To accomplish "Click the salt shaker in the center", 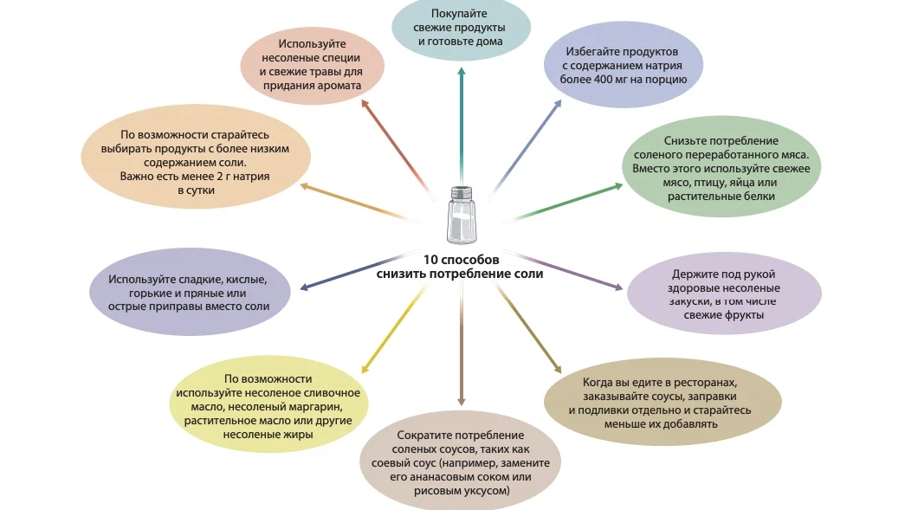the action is [461, 215].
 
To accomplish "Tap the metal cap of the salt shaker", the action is [461, 193].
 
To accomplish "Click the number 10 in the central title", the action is [430, 260].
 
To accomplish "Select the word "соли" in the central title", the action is [528, 274].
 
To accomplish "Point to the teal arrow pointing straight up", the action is [461, 125].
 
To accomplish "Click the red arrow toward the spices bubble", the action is [398, 150].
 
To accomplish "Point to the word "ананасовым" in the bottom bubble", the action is [443, 476].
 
